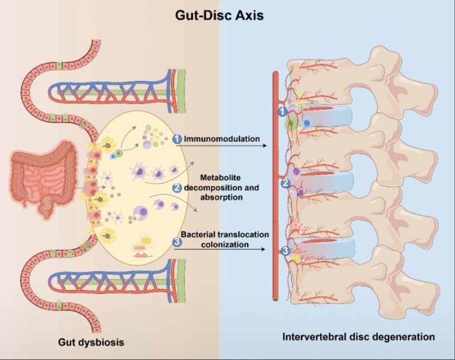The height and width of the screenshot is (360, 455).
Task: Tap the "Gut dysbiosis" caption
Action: click(89, 342)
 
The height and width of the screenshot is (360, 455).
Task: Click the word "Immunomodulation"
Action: click(222, 139)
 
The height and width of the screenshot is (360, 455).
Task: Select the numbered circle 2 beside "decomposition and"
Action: click(177, 188)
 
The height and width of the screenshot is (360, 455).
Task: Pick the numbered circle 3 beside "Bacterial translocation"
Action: click(176, 242)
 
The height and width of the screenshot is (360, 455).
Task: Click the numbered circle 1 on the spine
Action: click(283, 111)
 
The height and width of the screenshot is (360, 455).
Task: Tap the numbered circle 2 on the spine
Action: click(285, 183)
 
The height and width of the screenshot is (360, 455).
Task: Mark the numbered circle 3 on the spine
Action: click(286, 251)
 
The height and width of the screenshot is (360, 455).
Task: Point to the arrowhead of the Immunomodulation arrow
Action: click(262, 144)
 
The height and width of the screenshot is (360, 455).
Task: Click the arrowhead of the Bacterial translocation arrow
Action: click(263, 249)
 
